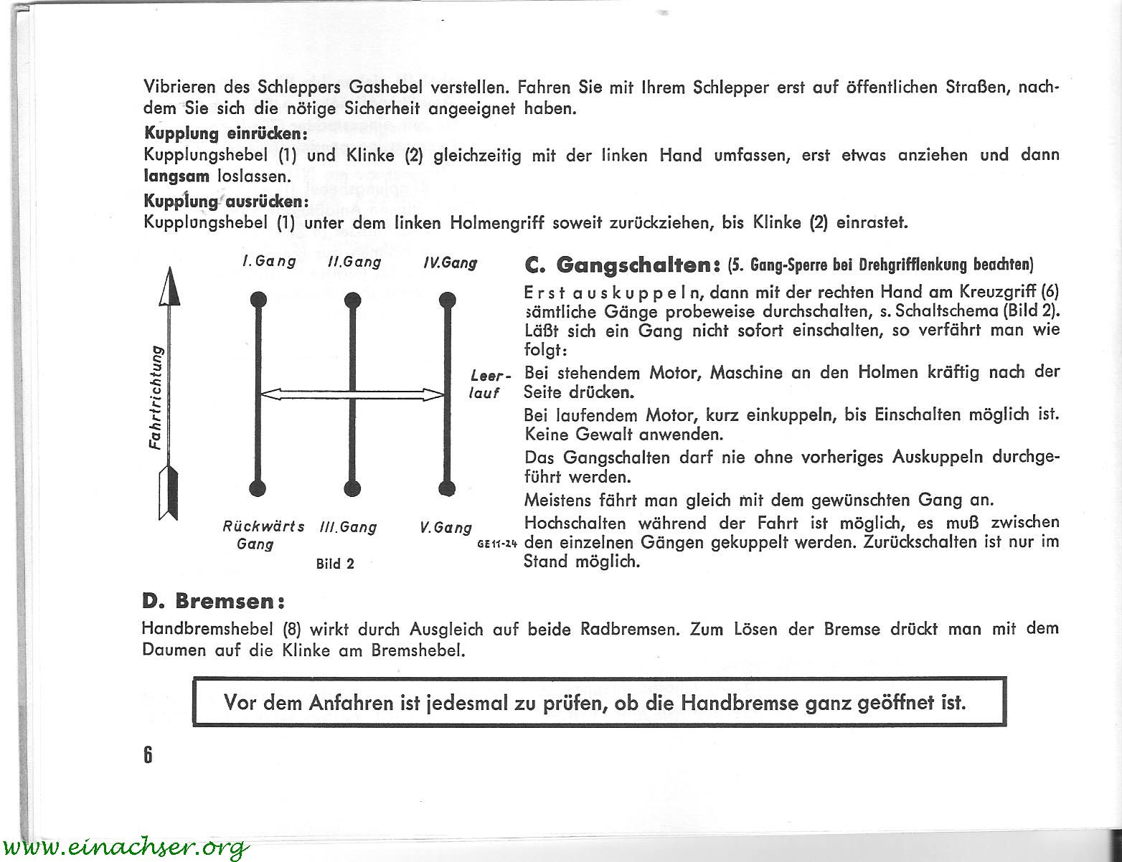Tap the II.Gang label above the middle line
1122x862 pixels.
(354, 262)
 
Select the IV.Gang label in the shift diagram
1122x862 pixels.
(450, 263)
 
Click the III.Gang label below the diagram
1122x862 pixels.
(348, 528)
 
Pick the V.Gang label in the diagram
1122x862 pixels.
(445, 528)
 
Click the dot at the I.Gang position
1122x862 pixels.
(258, 299)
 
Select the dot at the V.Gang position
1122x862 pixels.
(447, 488)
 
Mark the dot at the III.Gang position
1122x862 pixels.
(352, 488)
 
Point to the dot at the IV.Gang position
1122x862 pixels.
(447, 299)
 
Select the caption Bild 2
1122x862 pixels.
(335, 564)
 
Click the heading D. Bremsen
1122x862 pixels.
(214, 600)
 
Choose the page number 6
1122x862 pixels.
(148, 755)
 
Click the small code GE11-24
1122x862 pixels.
(497, 544)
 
